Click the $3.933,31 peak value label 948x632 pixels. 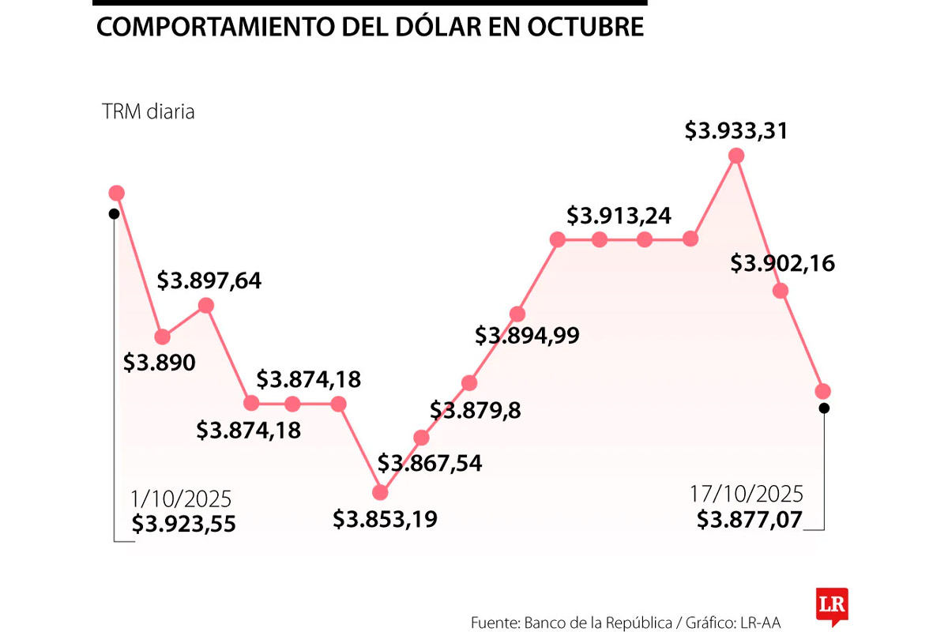735,130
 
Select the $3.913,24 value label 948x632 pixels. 619,215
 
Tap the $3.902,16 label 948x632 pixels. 782,263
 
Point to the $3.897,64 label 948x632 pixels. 209,280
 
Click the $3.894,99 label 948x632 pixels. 527,335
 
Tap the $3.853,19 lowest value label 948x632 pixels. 385,519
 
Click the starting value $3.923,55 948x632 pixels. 183,523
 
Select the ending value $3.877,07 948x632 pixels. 749,519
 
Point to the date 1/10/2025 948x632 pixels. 182,499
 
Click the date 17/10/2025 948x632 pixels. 746,495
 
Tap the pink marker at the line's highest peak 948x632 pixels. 736,156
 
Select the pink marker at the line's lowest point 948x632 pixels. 380,492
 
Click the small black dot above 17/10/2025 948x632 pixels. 824,408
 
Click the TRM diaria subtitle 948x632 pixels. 148,111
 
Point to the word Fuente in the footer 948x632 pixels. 495,622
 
